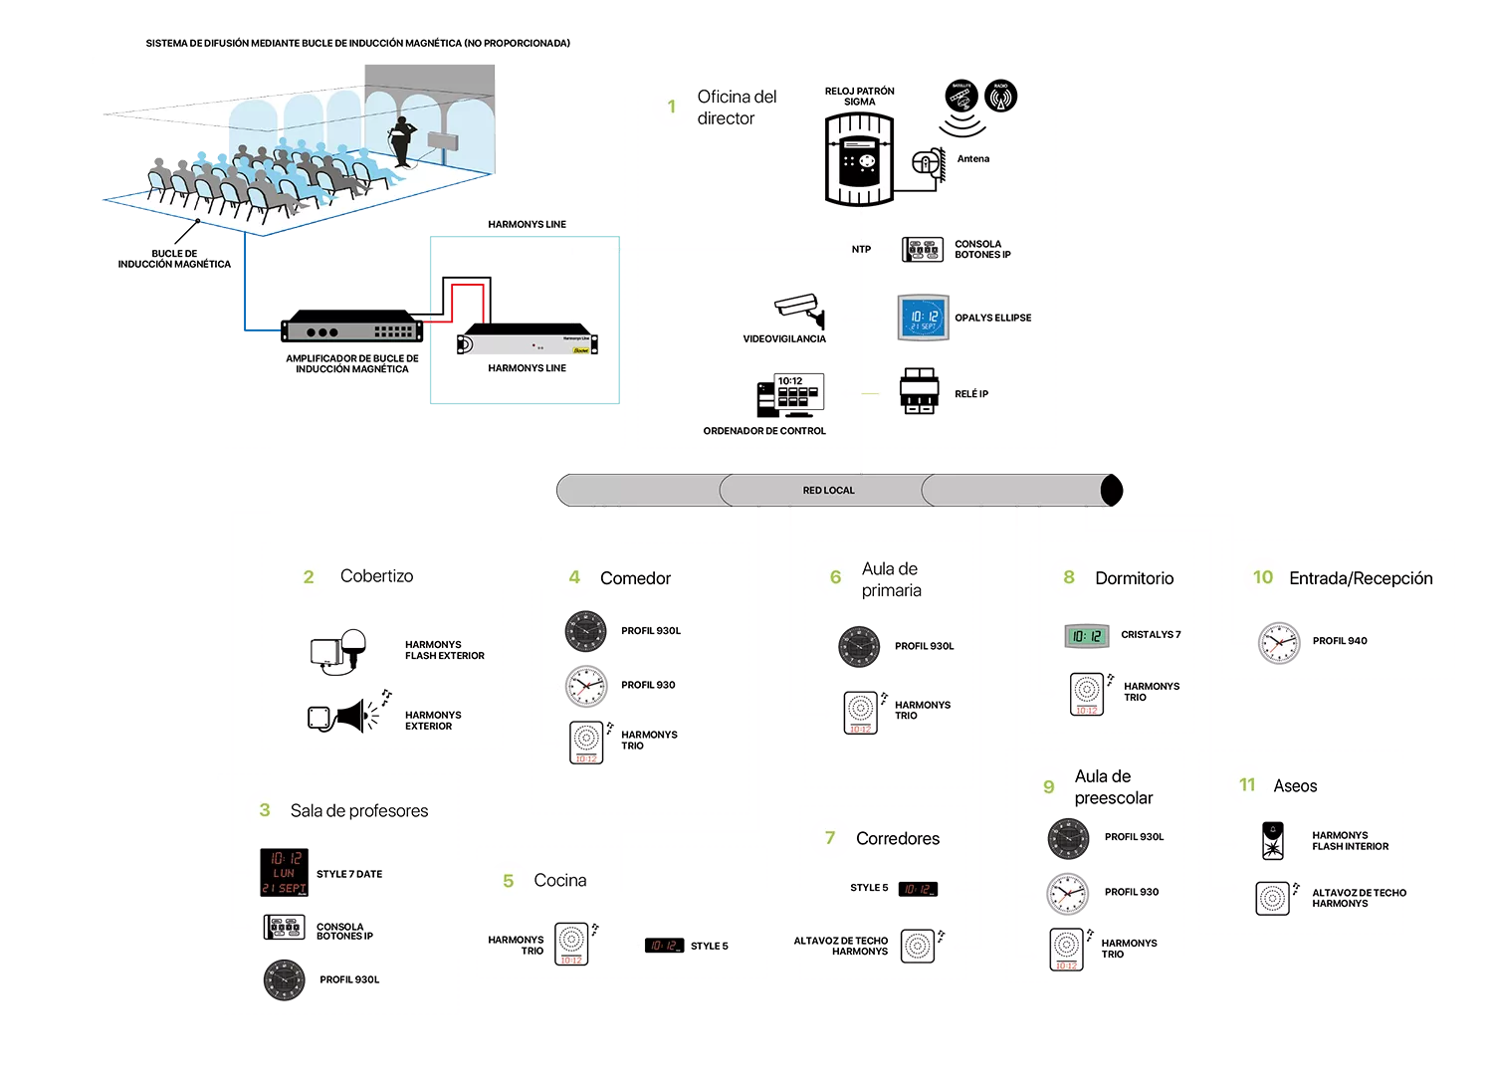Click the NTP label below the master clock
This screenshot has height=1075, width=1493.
pyautogui.click(x=861, y=249)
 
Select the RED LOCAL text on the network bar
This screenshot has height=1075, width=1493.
pyautogui.click(x=828, y=490)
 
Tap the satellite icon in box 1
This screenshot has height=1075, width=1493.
pyautogui.click(x=960, y=97)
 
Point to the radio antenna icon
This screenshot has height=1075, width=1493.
pyautogui.click(x=1000, y=97)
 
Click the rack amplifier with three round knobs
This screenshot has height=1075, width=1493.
pyautogui.click(x=353, y=330)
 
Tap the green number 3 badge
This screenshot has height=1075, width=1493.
pyautogui.click(x=265, y=809)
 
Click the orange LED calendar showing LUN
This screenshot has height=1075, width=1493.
pyautogui.click(x=286, y=873)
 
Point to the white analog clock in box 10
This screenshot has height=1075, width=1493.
pyautogui.click(x=1280, y=643)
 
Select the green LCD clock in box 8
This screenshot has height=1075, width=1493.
pyautogui.click(x=1086, y=637)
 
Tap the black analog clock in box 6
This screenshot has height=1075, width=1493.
pyautogui.click(x=859, y=646)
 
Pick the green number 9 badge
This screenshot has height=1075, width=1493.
pyautogui.click(x=1048, y=786)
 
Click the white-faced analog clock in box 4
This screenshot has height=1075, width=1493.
pyautogui.click(x=587, y=686)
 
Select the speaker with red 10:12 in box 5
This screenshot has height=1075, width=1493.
pyautogui.click(x=570, y=943)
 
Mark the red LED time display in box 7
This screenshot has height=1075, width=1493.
pyautogui.click(x=919, y=890)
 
